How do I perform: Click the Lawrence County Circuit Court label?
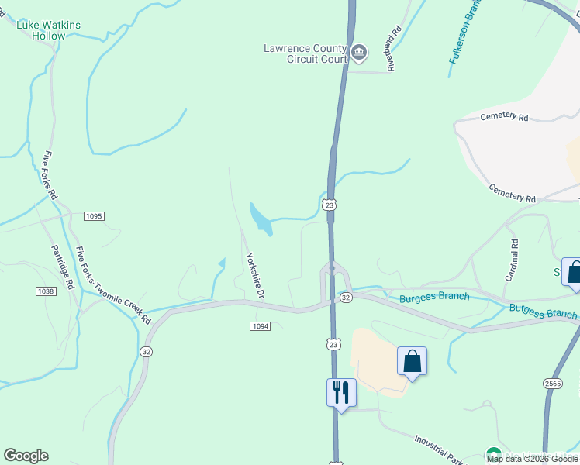305,53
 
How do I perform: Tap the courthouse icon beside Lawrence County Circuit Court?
359,53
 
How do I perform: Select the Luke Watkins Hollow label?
49,30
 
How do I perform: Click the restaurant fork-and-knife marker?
341,392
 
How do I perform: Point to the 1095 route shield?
93,215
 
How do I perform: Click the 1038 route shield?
45,291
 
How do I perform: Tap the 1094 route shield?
260,326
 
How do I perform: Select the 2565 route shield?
552,384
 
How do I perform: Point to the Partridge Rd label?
62,267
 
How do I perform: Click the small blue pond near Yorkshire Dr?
261,219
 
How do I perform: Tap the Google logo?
26,456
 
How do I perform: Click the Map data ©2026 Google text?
533,459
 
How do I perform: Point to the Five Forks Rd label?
51,177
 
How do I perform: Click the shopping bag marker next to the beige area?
412,362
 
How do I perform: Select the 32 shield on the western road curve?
146,351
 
